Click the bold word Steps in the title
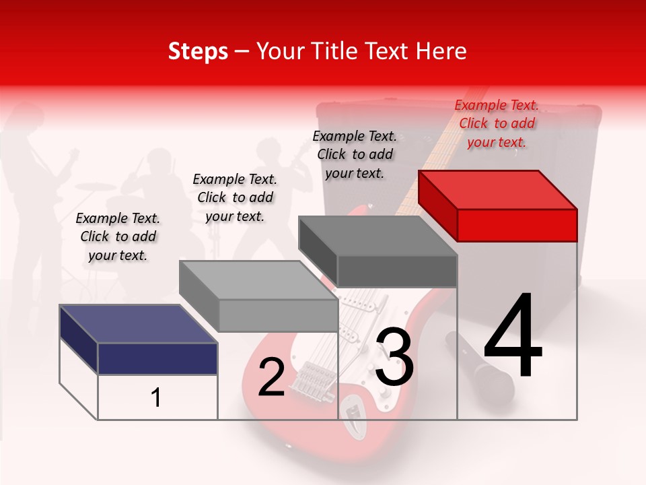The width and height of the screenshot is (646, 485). (x=198, y=51)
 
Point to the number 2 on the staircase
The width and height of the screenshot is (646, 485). (x=271, y=378)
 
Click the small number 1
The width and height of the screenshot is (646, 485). (x=156, y=397)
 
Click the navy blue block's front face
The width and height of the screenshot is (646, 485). (x=157, y=358)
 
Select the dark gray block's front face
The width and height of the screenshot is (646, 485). (x=397, y=271)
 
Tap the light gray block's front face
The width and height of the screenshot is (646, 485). (x=278, y=315)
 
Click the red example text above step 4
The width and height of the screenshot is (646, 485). (x=497, y=123)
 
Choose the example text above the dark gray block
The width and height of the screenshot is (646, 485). (x=355, y=154)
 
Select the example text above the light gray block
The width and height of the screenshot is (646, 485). (x=235, y=197)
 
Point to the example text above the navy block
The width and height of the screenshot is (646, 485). (x=118, y=236)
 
